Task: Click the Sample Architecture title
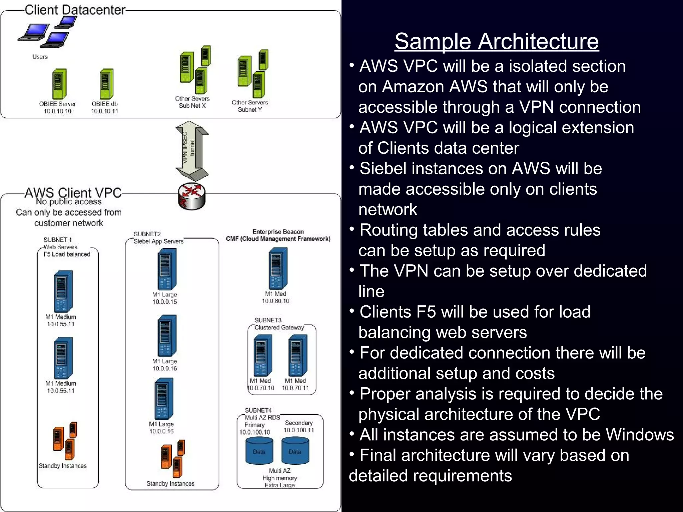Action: pyautogui.click(x=497, y=41)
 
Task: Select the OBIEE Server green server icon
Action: pyautogui.click(x=59, y=84)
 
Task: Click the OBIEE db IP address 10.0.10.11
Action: pyautogui.click(x=105, y=111)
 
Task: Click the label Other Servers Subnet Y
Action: pyautogui.click(x=250, y=106)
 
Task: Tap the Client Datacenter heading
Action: pyautogui.click(x=75, y=10)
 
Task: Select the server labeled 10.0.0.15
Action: pyautogui.click(x=166, y=269)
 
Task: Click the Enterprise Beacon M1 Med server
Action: pyautogui.click(x=277, y=268)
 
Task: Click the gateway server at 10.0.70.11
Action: pyautogui.click(x=297, y=355)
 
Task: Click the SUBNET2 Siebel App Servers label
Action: pyautogui.click(x=158, y=238)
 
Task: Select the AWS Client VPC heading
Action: pyautogui.click(x=73, y=193)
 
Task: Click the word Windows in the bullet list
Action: pyautogui.click(x=639, y=435)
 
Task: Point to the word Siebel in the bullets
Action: pyautogui.click(x=383, y=169)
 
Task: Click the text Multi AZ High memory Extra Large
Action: pyautogui.click(x=279, y=478)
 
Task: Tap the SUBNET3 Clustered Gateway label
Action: pyautogui.click(x=279, y=324)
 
